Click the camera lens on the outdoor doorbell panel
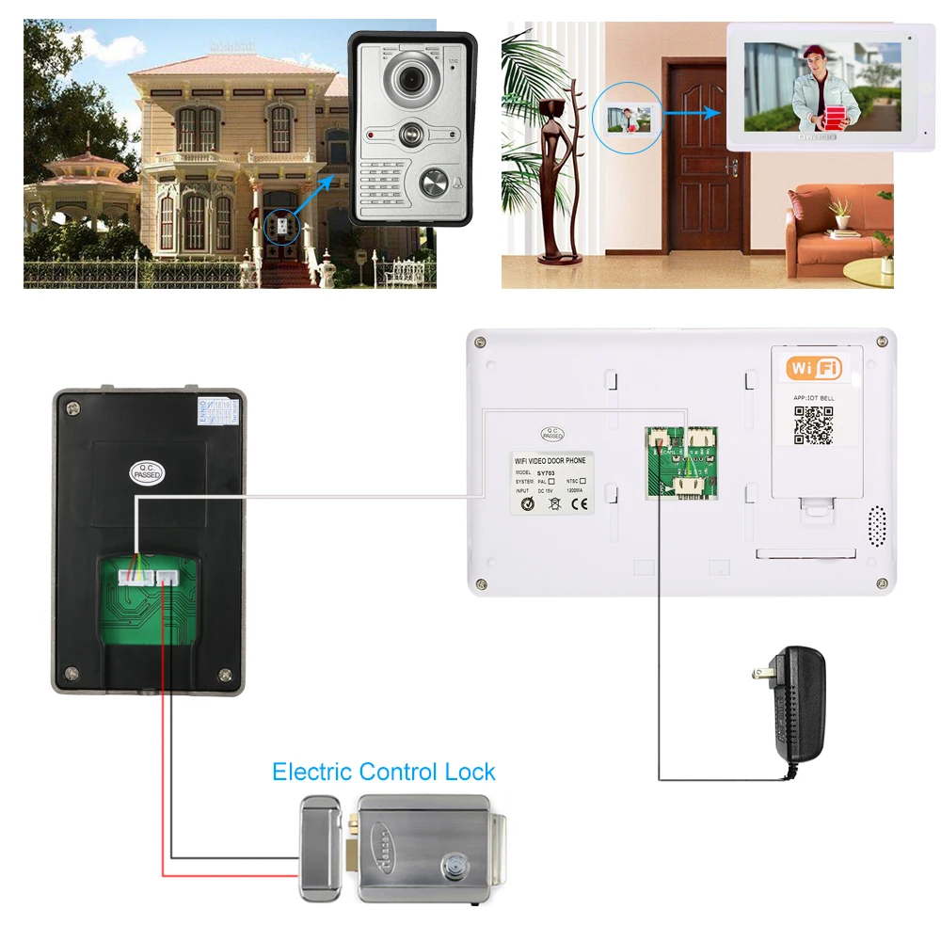point(410,79)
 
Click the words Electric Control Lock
point(383,773)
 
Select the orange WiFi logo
point(814,367)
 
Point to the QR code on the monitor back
point(813,424)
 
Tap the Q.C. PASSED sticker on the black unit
point(148,471)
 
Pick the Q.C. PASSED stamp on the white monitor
point(552,434)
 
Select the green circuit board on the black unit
point(150,602)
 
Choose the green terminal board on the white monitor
point(681,462)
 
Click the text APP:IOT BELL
point(813,398)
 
